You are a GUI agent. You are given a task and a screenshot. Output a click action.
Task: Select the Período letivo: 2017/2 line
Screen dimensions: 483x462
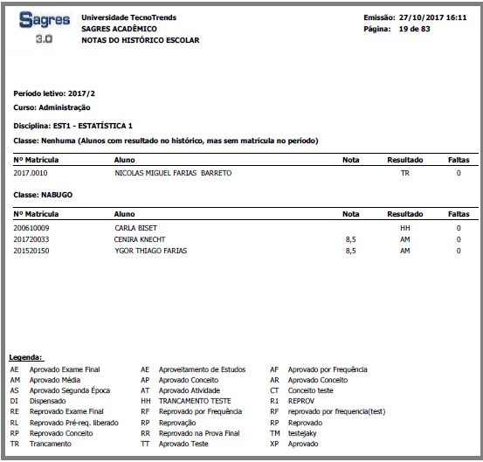click(55, 93)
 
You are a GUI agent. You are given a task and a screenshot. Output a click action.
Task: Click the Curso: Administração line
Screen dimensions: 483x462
click(52, 107)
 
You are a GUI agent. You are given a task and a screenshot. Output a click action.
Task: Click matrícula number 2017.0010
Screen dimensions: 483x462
click(31, 174)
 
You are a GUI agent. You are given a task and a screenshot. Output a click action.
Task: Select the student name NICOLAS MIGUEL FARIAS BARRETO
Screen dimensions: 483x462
click(174, 174)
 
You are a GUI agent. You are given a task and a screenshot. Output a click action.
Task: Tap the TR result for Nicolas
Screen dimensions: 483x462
click(405, 174)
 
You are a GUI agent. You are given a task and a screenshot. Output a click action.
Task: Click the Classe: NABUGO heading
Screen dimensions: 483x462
click(43, 193)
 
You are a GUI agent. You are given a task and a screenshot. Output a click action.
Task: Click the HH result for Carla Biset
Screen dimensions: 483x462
click(405, 228)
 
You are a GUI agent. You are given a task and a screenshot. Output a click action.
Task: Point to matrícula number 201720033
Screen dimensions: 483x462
click(31, 239)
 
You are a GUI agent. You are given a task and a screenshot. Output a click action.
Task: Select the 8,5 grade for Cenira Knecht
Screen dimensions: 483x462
click(350, 239)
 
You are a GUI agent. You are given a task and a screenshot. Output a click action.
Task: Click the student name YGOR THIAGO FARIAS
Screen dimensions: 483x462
click(151, 251)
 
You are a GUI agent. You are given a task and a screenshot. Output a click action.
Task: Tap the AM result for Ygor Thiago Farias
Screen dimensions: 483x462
click(405, 251)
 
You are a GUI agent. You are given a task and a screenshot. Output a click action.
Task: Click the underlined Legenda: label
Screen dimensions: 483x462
click(26, 358)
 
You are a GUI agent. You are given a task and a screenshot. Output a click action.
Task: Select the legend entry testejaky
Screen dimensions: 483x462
click(304, 432)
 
